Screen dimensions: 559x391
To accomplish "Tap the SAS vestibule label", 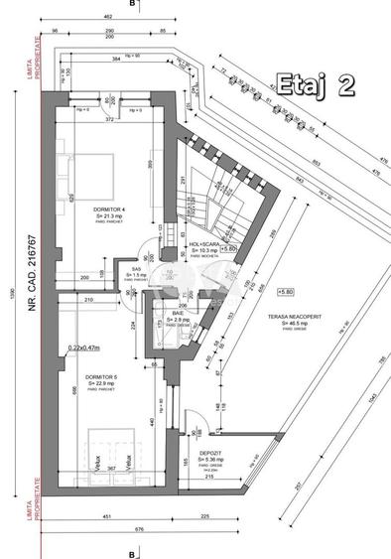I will (137, 267).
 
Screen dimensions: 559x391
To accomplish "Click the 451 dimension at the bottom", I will (106, 515).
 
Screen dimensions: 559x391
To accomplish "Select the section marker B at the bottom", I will (130, 552).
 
